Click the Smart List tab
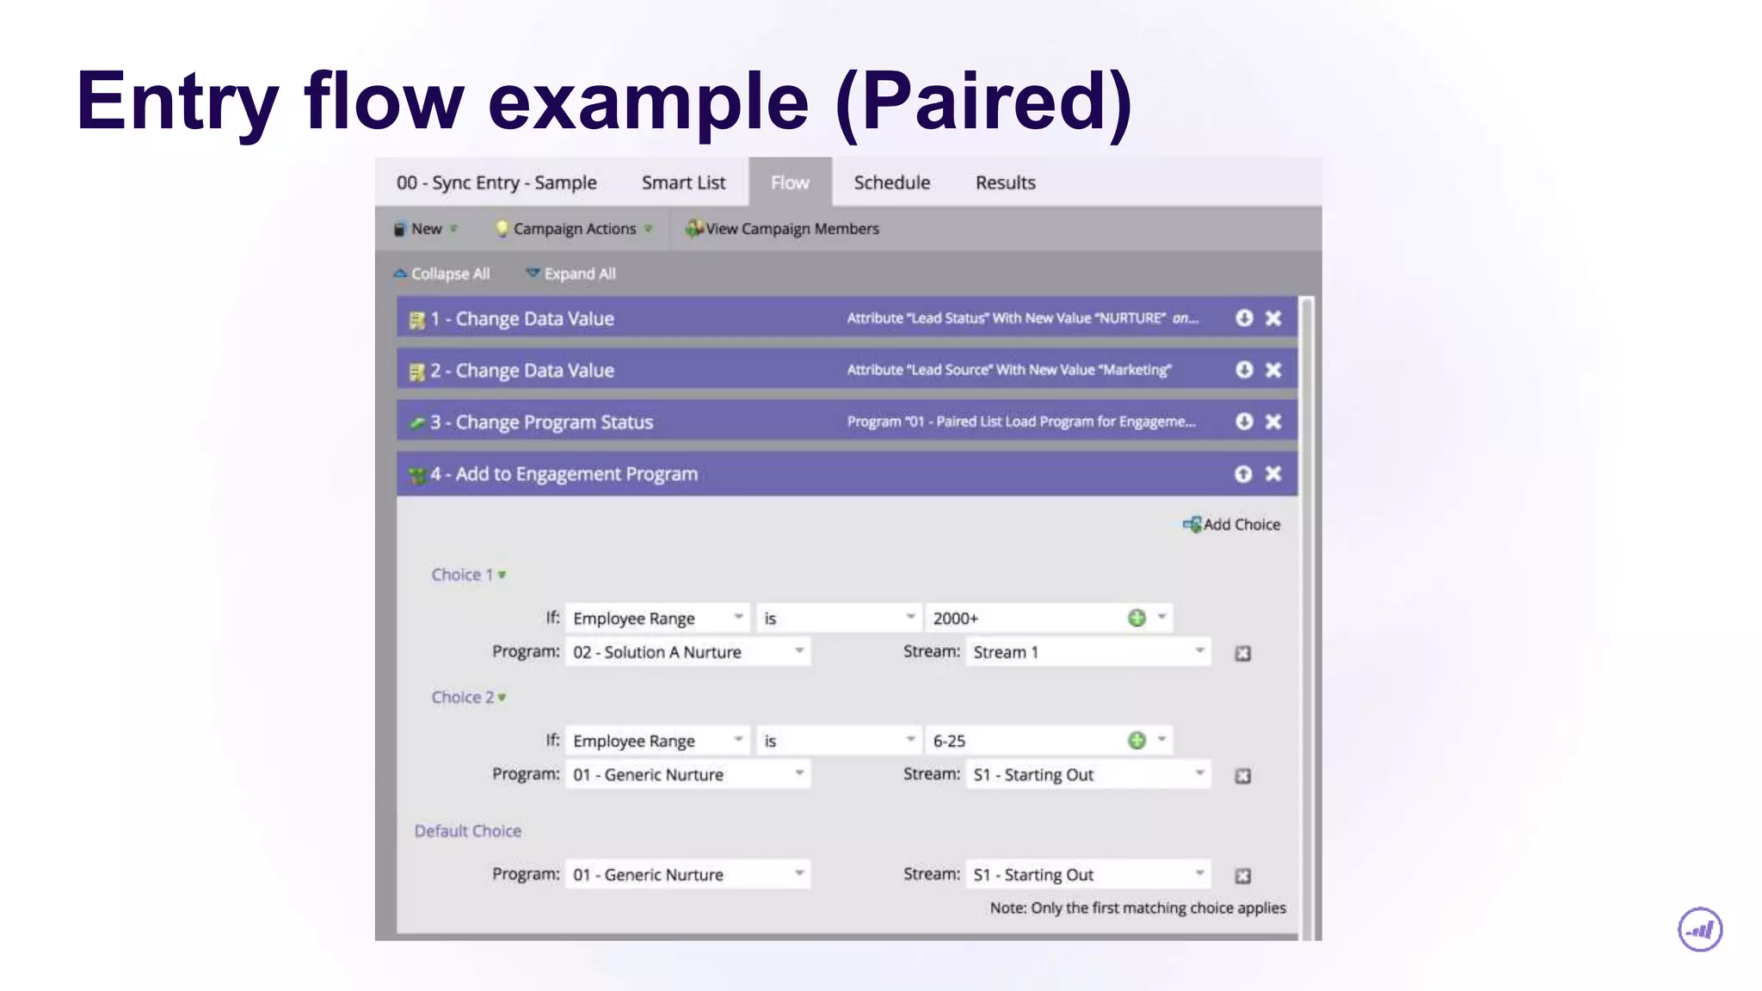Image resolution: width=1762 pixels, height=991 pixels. click(x=683, y=182)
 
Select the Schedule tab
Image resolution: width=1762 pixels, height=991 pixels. click(x=891, y=182)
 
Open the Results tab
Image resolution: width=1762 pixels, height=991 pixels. click(x=1005, y=182)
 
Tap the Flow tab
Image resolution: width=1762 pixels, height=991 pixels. click(x=790, y=182)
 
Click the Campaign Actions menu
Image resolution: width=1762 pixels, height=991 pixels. click(x=574, y=229)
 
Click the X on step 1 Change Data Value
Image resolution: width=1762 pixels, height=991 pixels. click(x=1273, y=318)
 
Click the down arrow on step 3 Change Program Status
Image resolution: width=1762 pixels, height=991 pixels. click(x=1244, y=422)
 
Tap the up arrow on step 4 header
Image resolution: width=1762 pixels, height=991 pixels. click(x=1243, y=474)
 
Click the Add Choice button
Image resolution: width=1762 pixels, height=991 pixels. click(x=1232, y=525)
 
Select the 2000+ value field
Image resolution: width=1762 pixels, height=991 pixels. click(x=1024, y=619)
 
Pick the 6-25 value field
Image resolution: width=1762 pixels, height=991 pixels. click(x=1024, y=741)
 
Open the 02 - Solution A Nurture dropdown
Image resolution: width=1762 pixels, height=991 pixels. click(x=687, y=652)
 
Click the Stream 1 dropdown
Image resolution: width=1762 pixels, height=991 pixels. click(x=1087, y=652)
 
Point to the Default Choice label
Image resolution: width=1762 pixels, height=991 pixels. click(x=467, y=831)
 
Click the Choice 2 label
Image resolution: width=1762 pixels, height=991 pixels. click(x=464, y=698)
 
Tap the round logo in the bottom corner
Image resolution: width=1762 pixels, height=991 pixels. click(x=1700, y=930)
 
